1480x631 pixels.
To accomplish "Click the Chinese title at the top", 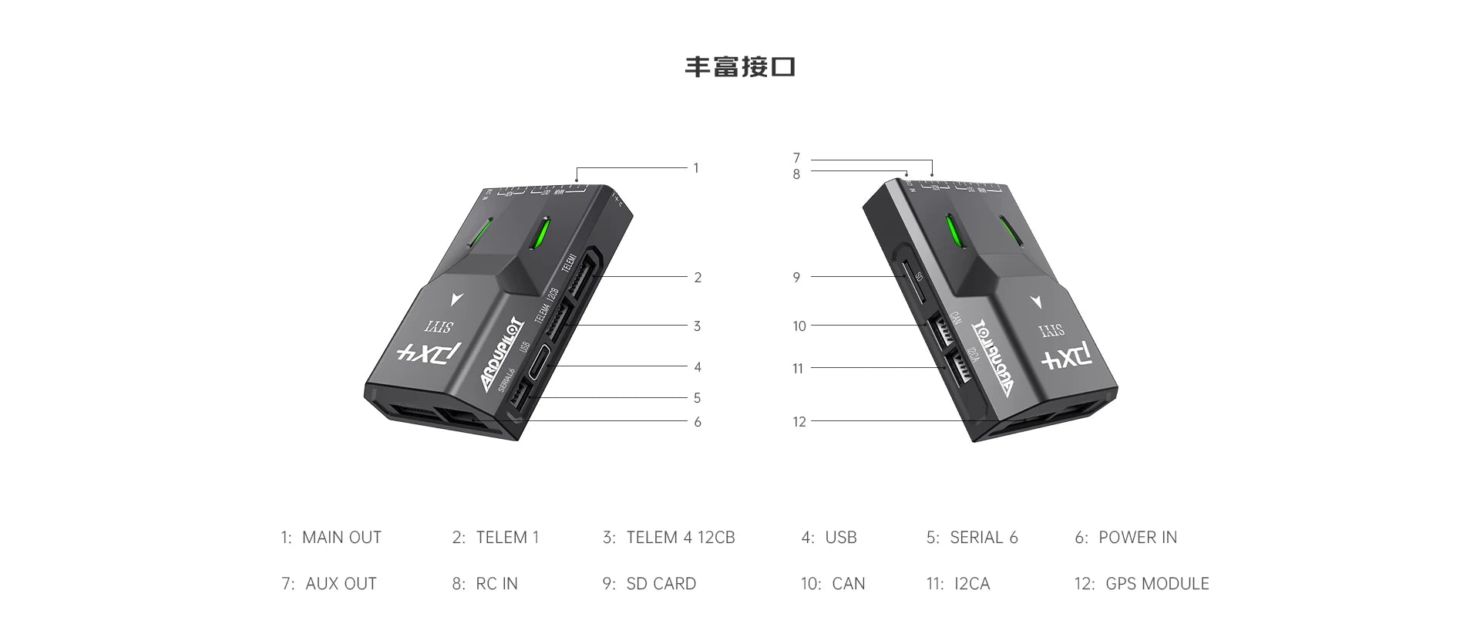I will [739, 67].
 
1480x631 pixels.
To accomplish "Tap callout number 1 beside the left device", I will [695, 168].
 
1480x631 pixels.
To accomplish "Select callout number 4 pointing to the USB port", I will [697, 367].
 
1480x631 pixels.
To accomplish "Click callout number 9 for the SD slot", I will [796, 277].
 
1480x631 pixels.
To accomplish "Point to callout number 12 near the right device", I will [799, 422].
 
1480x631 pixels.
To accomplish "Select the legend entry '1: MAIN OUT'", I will [331, 538].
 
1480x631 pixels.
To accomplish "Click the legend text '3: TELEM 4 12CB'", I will [668, 538].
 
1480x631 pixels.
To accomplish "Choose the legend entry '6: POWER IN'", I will [1125, 538].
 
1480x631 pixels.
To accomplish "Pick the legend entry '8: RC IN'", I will [484, 584].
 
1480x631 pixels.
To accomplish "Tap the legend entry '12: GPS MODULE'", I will [1141, 584].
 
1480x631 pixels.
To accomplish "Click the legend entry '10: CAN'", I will [832, 584].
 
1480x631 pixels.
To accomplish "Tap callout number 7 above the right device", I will [796, 158].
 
